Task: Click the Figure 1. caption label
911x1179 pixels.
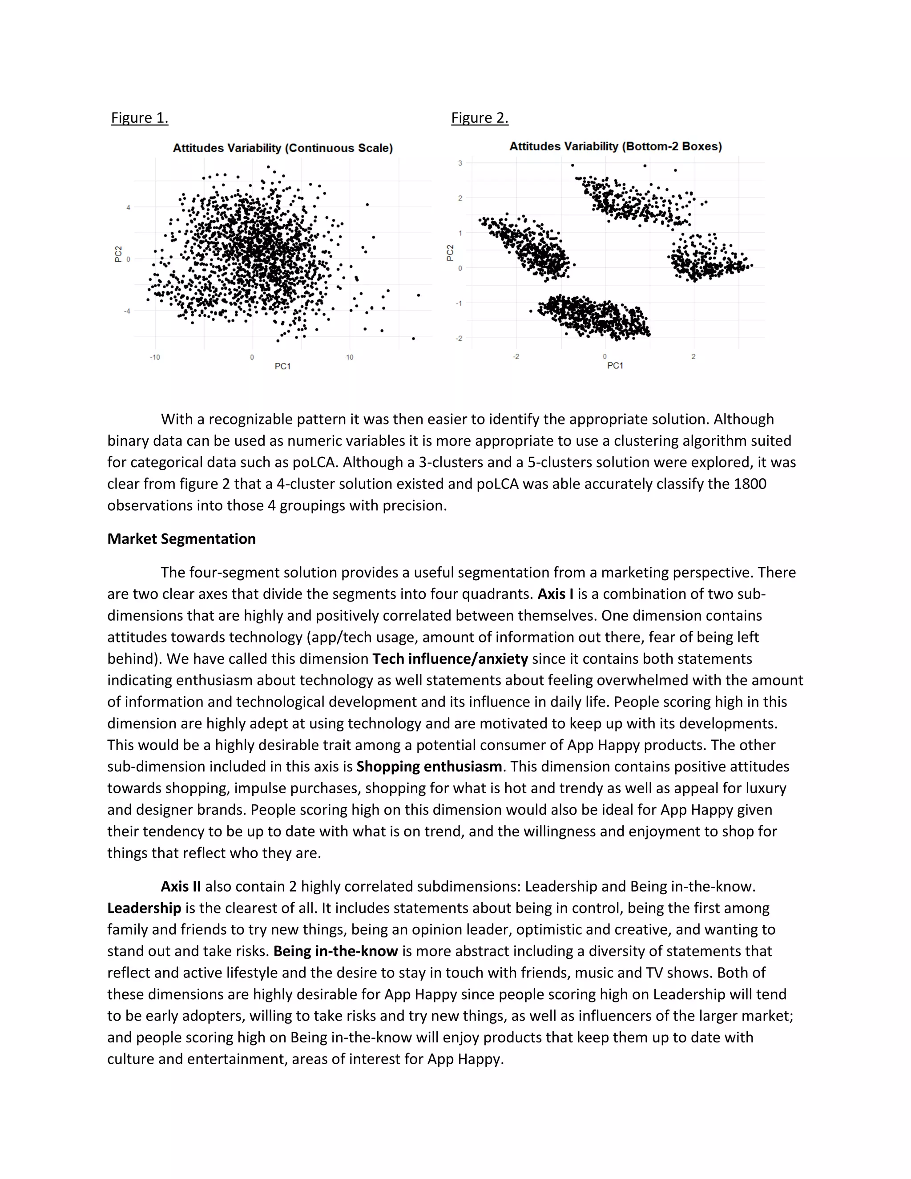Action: (x=139, y=118)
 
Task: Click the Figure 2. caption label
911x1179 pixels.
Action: (x=479, y=118)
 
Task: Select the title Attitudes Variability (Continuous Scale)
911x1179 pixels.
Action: (x=282, y=148)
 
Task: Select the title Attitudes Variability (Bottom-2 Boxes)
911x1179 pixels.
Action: (x=615, y=146)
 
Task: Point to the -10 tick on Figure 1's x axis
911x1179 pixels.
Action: (x=155, y=357)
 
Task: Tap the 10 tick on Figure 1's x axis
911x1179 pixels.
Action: (x=350, y=357)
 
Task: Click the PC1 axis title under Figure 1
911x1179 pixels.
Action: (x=282, y=367)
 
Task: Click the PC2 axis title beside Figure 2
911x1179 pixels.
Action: (x=450, y=253)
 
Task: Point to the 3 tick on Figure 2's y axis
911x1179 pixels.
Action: (x=460, y=163)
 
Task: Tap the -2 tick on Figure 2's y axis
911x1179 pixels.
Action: (x=459, y=339)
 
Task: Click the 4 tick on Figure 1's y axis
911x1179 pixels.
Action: (x=128, y=207)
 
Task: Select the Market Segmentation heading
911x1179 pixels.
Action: (x=181, y=539)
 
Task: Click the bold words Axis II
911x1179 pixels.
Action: (x=181, y=886)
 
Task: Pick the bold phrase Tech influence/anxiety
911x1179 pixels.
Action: (x=450, y=658)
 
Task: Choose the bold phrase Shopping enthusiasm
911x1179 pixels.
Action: (x=429, y=767)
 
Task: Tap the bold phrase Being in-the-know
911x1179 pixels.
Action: (x=336, y=951)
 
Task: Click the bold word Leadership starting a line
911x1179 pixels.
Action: (x=144, y=908)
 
